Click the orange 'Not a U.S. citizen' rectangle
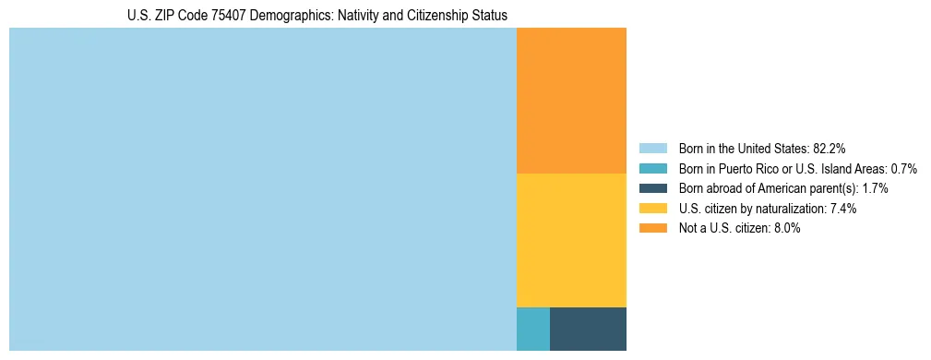tap(571, 101)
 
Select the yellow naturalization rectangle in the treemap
tap(571, 240)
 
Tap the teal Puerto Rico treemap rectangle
tap(533, 329)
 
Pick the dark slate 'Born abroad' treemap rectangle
tap(588, 329)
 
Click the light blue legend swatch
tap(652, 148)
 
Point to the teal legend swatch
tap(652, 168)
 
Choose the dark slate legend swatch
tap(652, 188)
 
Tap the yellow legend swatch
tap(652, 209)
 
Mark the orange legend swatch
tap(652, 229)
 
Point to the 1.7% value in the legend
tap(873, 188)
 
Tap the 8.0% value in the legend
tap(787, 229)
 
